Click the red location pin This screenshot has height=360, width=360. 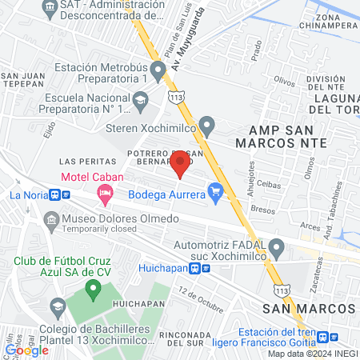coord(180,165)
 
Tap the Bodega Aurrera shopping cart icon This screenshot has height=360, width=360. coord(214,190)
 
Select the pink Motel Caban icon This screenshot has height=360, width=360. coord(104,192)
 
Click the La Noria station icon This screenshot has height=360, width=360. coord(55,194)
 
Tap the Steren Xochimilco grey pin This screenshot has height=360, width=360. coord(208,126)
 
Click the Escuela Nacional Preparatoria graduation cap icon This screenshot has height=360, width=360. coord(141,101)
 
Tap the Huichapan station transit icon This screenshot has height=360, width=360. coord(206,269)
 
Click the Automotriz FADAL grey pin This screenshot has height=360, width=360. coord(276,249)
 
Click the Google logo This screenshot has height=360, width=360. coord(26,350)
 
